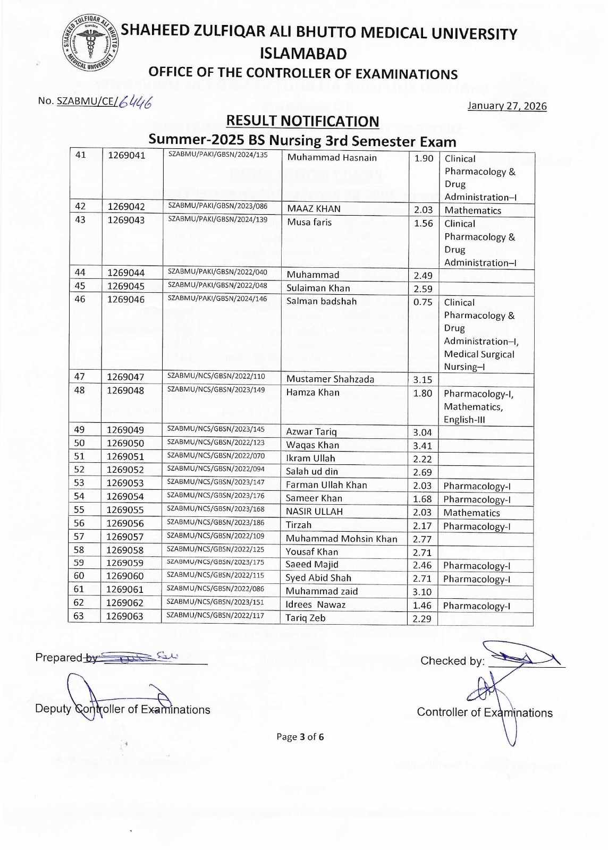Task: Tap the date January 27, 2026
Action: [x=506, y=106]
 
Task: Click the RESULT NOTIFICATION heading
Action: [x=302, y=121]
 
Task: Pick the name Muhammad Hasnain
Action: [x=332, y=158]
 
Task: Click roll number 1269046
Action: [x=125, y=299]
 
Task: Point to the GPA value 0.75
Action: [x=423, y=302]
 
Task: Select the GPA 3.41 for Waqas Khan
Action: [x=423, y=446]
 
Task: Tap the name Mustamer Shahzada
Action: [x=330, y=379]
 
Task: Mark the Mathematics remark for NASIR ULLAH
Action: [x=471, y=513]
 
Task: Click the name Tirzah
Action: [x=299, y=525]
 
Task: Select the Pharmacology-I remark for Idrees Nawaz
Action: [x=477, y=606]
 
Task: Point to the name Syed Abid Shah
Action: [x=318, y=578]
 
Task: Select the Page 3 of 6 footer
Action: [x=300, y=737]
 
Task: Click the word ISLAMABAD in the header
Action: [x=303, y=54]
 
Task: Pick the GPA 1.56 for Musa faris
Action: [x=424, y=224]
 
